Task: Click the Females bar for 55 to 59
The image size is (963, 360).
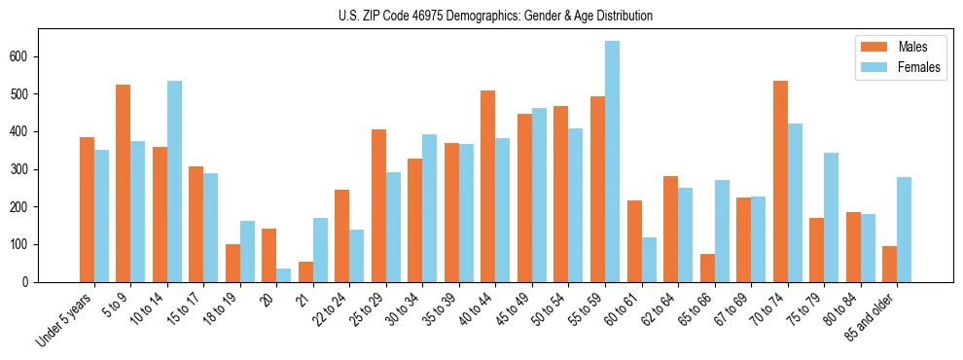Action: (x=612, y=162)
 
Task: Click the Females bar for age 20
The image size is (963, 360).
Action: (x=283, y=275)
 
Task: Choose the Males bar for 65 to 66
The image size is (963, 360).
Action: (x=707, y=268)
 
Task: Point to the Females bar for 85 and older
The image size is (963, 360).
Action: (x=904, y=230)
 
